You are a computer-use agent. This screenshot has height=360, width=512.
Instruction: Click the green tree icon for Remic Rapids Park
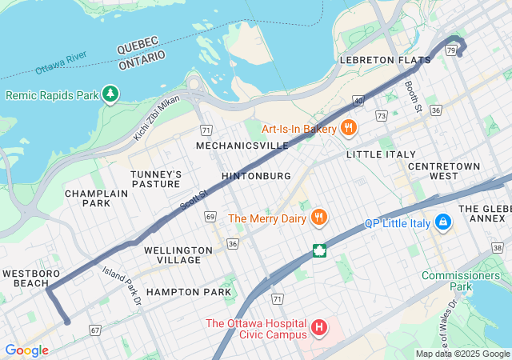[110, 95]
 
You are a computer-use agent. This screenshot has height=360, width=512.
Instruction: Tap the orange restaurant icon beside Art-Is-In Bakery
[348, 128]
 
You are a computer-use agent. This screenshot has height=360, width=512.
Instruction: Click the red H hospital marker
[319, 328]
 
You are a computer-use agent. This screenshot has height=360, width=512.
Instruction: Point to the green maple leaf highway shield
[319, 251]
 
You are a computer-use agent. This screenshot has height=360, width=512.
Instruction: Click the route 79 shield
[452, 50]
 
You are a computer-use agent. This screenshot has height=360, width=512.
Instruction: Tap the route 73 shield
[382, 117]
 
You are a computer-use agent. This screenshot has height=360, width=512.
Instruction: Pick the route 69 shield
[210, 217]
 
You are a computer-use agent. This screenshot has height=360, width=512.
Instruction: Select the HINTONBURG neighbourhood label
[255, 176]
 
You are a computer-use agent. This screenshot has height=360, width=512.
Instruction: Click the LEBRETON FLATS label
[378, 60]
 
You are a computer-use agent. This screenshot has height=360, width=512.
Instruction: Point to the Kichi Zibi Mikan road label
[157, 118]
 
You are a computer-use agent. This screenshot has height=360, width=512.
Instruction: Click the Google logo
[26, 350]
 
